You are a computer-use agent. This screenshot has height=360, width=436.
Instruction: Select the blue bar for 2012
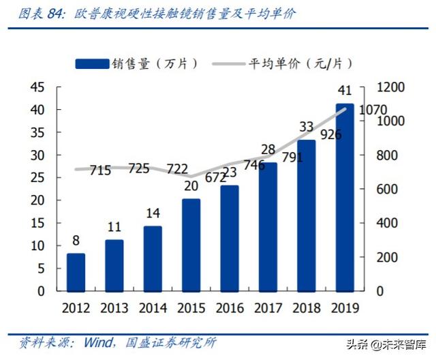pos(76,272)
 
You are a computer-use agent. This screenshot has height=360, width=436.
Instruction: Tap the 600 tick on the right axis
pos(377,189)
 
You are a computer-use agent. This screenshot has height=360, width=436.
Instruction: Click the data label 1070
pos(373,110)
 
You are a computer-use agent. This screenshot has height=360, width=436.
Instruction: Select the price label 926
pos(330,135)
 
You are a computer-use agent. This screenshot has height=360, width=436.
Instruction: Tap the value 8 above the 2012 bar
pos(76,241)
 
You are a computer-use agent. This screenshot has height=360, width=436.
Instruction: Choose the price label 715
pos(100,170)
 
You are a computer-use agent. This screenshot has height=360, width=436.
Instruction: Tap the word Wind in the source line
pos(97,341)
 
